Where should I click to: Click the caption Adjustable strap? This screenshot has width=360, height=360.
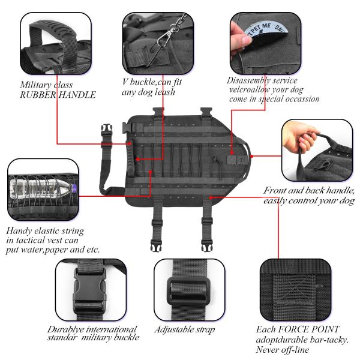coord(184,330)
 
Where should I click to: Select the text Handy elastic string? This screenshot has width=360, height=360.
coord(45,230)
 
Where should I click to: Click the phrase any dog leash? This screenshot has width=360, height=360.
coord(148,92)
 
